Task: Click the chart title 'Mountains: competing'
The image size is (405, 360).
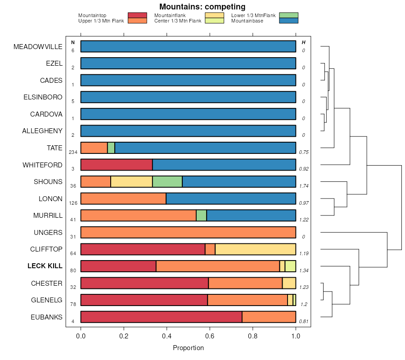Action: click(202, 7)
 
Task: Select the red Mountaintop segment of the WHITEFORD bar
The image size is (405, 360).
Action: click(117, 165)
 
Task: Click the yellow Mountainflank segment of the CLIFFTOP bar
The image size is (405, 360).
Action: click(255, 249)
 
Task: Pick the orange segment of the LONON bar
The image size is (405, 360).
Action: click(123, 198)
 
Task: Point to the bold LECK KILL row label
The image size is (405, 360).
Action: click(45, 266)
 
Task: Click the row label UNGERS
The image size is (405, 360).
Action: click(48, 233)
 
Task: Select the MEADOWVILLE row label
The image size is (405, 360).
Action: click(38, 47)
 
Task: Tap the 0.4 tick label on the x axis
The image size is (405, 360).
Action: click(167, 336)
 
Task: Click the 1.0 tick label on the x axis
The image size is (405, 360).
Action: click(296, 336)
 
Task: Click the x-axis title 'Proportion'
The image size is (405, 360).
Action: click(188, 348)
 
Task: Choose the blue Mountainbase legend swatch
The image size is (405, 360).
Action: click(288, 21)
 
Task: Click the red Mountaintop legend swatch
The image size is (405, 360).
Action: click(137, 15)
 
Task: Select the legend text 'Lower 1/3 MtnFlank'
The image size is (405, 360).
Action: click(253, 15)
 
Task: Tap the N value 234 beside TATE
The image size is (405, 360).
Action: click(73, 152)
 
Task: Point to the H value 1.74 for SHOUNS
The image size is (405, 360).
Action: click(304, 186)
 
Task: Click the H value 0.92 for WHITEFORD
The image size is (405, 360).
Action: click(304, 169)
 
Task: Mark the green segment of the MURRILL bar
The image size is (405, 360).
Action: click(201, 215)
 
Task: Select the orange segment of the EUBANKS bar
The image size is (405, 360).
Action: click(269, 317)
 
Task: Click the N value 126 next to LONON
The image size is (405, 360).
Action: click(73, 203)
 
